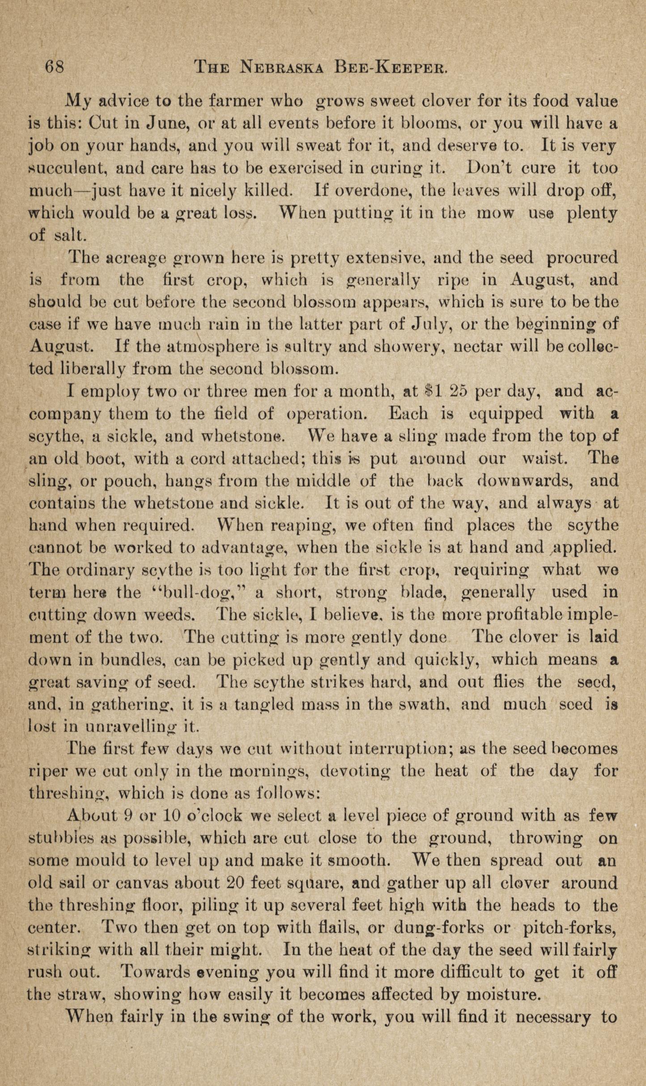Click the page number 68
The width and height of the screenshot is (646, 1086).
(55, 68)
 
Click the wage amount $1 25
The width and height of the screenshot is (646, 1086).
(446, 391)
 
